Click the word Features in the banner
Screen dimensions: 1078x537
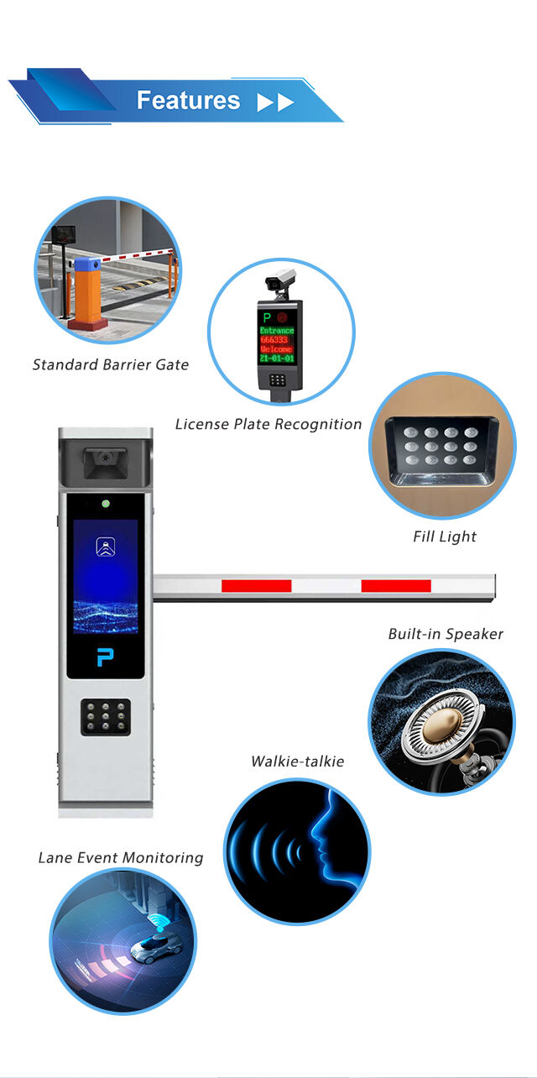pos(188,101)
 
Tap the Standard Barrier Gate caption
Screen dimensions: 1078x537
pos(111,364)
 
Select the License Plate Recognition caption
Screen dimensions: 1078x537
pos(268,424)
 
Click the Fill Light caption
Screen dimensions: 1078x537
pos(445,536)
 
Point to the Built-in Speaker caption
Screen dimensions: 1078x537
pos(446,634)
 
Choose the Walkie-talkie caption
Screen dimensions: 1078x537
pos(298,761)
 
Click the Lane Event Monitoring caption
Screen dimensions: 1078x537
pos(121,857)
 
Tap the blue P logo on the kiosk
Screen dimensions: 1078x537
pos(105,657)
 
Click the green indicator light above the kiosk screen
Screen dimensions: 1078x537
pos(105,505)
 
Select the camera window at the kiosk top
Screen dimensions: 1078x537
pos(104,459)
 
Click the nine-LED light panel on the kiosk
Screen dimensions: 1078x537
pos(105,717)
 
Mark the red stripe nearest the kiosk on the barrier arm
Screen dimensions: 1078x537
pos(256,585)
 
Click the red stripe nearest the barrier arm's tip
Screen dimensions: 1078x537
pos(395,585)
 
